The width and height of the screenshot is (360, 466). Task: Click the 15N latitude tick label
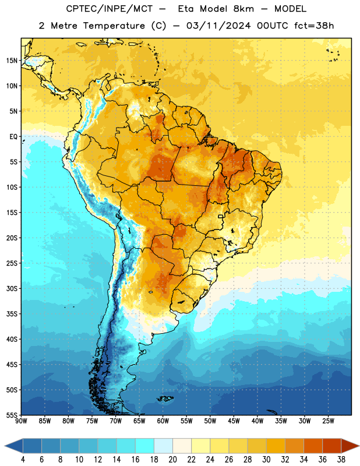(x=12, y=61)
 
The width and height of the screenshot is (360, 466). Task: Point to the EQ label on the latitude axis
(x=13, y=137)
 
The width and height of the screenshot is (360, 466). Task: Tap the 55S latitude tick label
(x=12, y=415)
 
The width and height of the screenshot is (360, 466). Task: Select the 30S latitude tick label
(x=12, y=288)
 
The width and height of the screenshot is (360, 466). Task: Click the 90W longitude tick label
(x=21, y=421)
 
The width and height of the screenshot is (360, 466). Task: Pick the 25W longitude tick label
(x=328, y=421)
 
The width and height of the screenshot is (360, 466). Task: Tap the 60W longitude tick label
(x=163, y=421)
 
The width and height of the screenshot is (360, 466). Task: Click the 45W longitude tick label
(x=234, y=421)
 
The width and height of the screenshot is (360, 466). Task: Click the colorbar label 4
(x=23, y=460)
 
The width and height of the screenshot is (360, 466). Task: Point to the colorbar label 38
(x=341, y=460)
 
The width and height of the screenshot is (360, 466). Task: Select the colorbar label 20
(x=172, y=460)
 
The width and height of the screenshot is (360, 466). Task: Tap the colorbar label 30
(x=266, y=460)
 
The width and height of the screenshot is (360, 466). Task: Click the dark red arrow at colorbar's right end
(x=350, y=446)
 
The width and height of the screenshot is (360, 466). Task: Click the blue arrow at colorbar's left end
(x=14, y=446)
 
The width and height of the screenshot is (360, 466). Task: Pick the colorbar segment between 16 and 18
(x=145, y=446)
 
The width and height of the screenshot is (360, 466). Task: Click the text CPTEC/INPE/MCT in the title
(x=110, y=9)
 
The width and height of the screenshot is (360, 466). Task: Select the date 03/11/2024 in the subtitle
(x=219, y=26)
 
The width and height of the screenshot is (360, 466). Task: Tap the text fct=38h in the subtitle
(x=314, y=26)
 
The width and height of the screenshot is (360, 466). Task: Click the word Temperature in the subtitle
(x=114, y=26)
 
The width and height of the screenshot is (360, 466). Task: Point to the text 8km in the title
(x=243, y=9)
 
